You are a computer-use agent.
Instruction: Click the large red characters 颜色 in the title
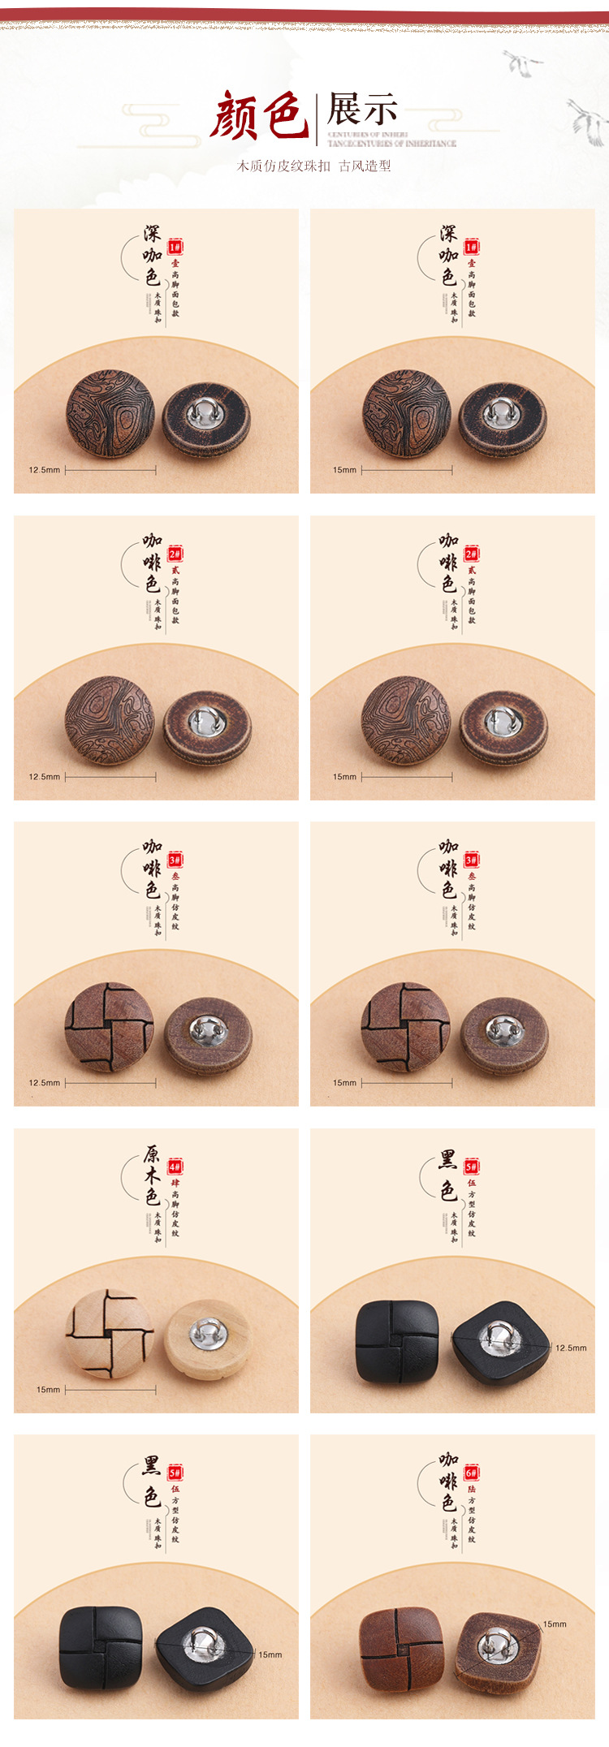(258, 116)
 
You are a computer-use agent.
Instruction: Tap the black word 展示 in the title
(362, 109)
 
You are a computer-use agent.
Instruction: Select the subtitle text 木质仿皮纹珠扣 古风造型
(313, 166)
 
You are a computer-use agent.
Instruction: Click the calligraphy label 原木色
(152, 1175)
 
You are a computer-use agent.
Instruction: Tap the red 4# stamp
(175, 1167)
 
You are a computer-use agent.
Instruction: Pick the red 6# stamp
(471, 1473)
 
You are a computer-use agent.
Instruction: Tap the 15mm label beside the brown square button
(555, 1624)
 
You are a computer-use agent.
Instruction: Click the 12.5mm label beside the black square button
(571, 1348)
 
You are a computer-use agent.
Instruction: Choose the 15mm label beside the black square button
(270, 1654)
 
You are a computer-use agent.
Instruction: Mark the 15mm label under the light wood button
(48, 1390)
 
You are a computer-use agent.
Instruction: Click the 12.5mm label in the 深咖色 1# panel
(44, 470)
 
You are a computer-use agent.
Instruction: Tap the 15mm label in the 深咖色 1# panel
(344, 470)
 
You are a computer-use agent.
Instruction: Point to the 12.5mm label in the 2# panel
(44, 777)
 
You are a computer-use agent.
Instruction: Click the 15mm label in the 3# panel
(344, 1083)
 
